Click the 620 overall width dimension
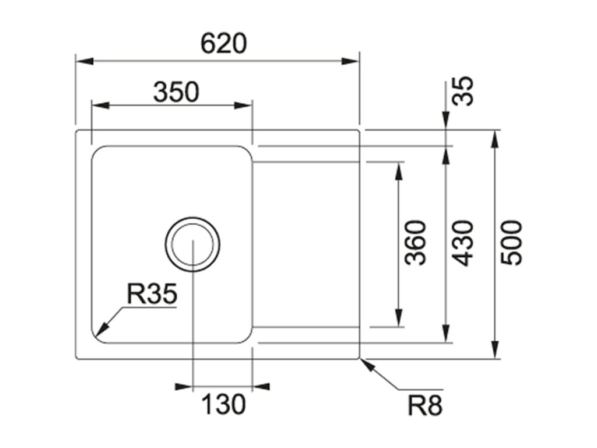click(223, 43)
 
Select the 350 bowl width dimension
click(176, 92)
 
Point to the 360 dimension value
click(415, 243)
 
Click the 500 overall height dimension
click(511, 243)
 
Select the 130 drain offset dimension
click(223, 404)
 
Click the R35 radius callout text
click(152, 294)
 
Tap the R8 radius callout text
click(425, 405)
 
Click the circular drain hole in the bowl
click(192, 218)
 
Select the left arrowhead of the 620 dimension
click(85, 61)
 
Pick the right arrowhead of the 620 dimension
click(350, 61)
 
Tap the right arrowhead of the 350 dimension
click(243, 105)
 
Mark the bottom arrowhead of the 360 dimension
click(399, 318)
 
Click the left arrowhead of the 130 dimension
click(183, 387)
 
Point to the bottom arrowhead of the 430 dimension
click(445, 334)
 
